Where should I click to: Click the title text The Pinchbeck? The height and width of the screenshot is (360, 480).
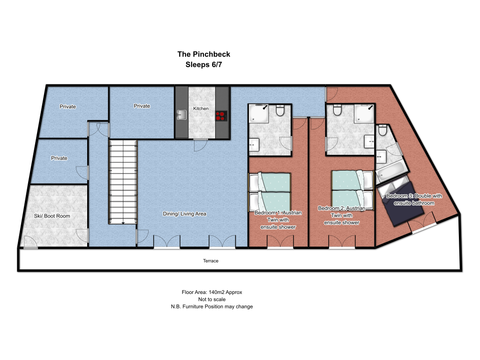(203, 54)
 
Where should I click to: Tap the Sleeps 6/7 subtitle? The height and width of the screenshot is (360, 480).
(203, 65)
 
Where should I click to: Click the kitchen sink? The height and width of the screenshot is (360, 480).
(181, 115)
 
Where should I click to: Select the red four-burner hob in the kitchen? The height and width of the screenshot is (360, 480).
(221, 116)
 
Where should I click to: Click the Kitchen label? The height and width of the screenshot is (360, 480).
(201, 109)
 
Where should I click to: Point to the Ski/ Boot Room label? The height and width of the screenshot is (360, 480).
(52, 216)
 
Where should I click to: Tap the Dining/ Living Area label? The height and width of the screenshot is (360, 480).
(184, 214)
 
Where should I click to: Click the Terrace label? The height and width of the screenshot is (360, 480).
(210, 261)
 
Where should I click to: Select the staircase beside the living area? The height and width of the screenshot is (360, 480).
(123, 182)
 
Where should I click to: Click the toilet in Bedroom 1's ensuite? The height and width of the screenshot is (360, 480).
(280, 110)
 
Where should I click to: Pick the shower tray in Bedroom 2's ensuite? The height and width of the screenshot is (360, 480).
(364, 113)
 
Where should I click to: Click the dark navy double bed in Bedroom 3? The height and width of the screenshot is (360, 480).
(401, 203)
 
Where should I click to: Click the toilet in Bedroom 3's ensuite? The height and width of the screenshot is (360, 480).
(382, 130)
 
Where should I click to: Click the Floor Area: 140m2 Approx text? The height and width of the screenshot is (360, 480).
(212, 292)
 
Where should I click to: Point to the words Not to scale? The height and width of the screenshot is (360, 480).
(212, 300)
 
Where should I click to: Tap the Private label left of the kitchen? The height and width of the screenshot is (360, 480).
(142, 106)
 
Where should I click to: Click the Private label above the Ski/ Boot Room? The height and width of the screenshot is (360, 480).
(59, 158)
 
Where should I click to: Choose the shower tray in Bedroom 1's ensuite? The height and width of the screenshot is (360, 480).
(259, 114)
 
